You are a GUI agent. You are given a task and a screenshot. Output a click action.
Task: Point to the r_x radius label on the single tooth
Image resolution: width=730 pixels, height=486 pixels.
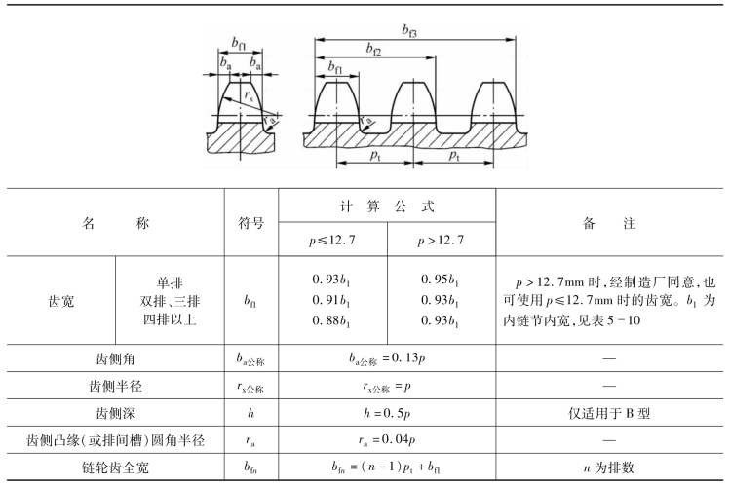(250, 95)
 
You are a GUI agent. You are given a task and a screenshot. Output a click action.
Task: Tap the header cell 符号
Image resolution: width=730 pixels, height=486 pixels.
(251, 222)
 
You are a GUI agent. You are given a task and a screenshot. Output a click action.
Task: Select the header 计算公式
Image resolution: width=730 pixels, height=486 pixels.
(387, 206)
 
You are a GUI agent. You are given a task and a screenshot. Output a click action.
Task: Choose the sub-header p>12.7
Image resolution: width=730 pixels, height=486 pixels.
(442, 239)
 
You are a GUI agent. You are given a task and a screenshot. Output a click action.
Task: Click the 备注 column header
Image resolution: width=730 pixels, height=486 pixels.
(611, 222)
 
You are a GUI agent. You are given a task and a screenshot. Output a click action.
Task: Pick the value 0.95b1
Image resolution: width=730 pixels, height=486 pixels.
(442, 280)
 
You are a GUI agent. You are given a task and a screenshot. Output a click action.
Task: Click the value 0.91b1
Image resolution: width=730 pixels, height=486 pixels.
(332, 299)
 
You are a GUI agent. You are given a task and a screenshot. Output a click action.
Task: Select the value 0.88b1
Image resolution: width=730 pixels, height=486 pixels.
(332, 318)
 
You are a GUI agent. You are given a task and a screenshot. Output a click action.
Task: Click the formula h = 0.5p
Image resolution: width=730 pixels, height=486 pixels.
(387, 413)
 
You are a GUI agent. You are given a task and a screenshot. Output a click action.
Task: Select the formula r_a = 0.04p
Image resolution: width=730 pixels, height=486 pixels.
(387, 440)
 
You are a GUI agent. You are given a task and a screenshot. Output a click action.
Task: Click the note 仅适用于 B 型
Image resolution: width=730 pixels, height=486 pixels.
(611, 413)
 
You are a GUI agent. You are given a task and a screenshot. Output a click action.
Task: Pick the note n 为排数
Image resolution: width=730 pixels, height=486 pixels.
(611, 467)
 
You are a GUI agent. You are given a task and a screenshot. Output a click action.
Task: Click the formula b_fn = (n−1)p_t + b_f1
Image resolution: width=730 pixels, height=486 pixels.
(387, 467)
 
